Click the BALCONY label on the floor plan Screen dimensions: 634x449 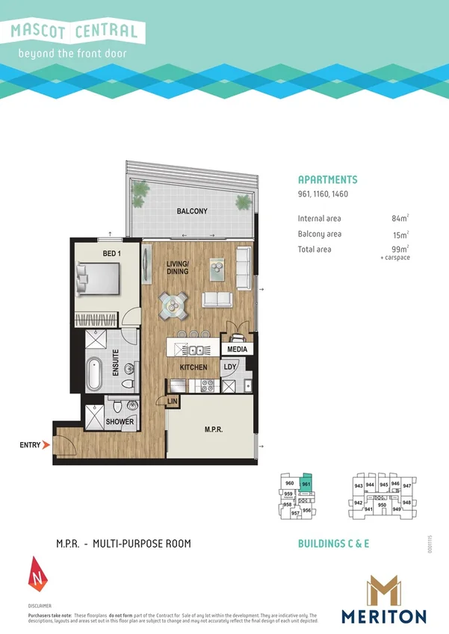click(x=192, y=211)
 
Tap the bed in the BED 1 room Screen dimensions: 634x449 click(x=96, y=282)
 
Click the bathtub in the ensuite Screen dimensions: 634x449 click(x=94, y=373)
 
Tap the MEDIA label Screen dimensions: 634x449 click(x=238, y=349)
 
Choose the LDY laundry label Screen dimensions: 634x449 click(x=230, y=367)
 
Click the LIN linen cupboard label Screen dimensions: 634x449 click(x=173, y=402)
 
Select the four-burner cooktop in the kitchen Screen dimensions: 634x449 click(x=207, y=385)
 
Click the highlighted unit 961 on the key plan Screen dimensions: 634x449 click(x=306, y=484)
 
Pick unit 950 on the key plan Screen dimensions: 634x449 click(x=381, y=505)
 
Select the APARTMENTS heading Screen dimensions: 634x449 click(x=327, y=180)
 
